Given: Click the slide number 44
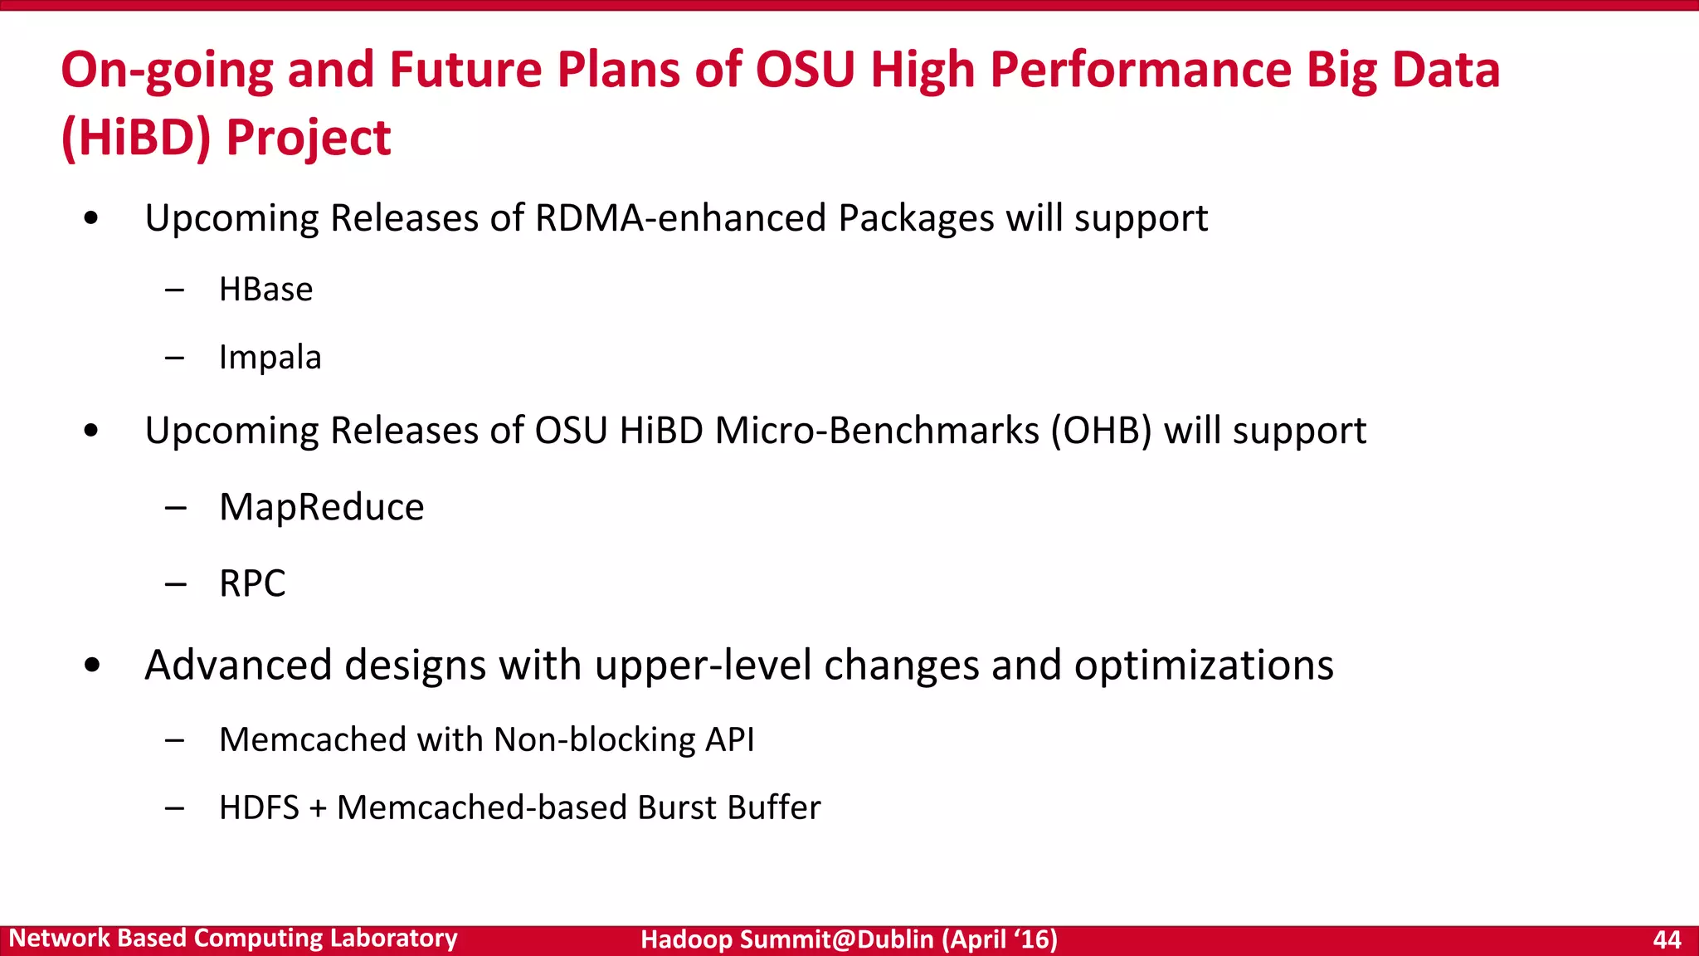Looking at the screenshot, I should point(1667,939).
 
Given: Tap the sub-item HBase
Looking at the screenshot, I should point(265,290).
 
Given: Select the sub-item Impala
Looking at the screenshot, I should point(270,358).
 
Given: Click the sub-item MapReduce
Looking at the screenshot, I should point(321,507).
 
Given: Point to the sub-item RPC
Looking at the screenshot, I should point(252,583).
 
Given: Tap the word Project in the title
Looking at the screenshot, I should point(308,138).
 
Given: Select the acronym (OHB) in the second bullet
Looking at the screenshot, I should point(1101,431).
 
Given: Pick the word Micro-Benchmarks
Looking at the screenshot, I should point(877,431).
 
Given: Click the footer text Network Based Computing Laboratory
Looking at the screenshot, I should point(233,939).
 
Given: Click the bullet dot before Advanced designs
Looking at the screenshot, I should point(92,666).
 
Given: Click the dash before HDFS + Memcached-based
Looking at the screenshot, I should point(174,807).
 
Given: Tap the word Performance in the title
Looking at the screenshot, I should point(1141,70).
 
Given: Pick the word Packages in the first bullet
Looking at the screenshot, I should point(916,218).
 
